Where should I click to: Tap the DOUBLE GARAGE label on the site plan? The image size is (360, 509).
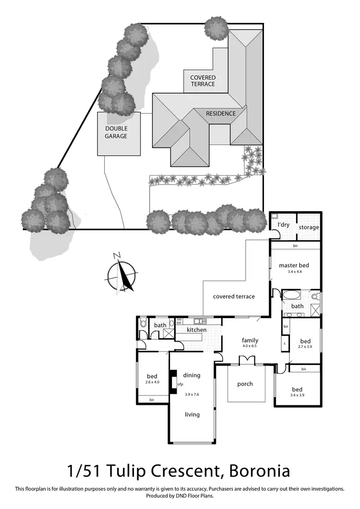[x=117, y=132]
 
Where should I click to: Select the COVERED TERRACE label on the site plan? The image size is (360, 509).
[x=203, y=81]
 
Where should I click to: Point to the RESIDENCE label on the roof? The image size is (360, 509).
[x=221, y=114]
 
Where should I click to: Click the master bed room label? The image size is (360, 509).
[x=294, y=265]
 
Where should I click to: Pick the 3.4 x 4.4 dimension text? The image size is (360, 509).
[x=294, y=272]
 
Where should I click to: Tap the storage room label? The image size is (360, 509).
[x=308, y=227]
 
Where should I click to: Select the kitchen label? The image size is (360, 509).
[x=196, y=330]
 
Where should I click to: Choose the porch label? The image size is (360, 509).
[x=245, y=384]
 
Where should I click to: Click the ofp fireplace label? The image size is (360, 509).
[x=180, y=384]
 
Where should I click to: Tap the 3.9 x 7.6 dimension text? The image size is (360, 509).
[x=192, y=394]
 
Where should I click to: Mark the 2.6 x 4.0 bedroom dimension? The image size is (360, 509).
[x=152, y=382]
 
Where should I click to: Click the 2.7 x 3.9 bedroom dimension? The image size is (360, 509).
[x=305, y=346]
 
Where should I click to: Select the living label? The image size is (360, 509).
[x=192, y=414]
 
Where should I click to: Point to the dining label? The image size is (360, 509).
[x=192, y=375]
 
